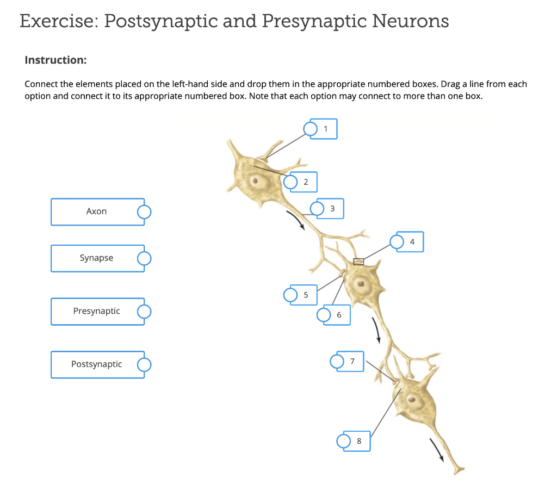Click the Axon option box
[97, 212]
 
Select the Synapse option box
[97, 258]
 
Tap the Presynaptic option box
[97, 312]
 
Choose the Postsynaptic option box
[97, 364]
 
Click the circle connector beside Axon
[144, 212]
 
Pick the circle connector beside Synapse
[144, 258]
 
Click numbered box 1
[326, 129]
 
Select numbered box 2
[306, 182]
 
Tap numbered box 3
[332, 208]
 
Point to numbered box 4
[412, 241]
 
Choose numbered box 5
[306, 295]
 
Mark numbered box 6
[339, 315]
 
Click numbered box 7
[352, 361]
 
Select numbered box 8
[359, 441]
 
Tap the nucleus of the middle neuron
[360, 283]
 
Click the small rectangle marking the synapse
[358, 262]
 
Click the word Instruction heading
[55, 60]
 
